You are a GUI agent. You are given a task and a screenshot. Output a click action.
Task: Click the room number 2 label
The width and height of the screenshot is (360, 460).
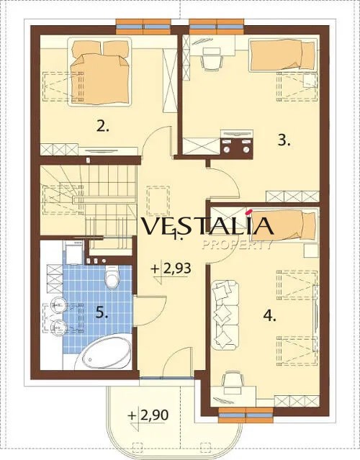tap(103, 127)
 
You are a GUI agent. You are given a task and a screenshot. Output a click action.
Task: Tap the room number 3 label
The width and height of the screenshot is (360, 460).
tap(284, 141)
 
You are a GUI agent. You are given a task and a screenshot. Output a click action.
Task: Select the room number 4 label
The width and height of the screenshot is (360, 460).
tap(269, 316)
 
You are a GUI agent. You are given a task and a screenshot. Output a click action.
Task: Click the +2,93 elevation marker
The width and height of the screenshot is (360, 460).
tap(171, 269)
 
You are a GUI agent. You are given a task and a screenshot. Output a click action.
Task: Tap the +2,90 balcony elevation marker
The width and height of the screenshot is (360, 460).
tap(148, 415)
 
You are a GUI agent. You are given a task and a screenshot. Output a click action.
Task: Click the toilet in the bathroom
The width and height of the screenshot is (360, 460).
tap(112, 277)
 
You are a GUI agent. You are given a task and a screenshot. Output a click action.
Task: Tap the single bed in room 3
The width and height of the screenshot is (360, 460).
tap(283, 55)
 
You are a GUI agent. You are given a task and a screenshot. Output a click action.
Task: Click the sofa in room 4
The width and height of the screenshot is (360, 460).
tap(225, 315)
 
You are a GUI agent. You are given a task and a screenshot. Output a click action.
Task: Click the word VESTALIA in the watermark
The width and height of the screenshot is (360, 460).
tap(208, 225)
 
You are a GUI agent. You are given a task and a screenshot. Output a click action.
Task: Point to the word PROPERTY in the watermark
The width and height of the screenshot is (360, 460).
tap(237, 244)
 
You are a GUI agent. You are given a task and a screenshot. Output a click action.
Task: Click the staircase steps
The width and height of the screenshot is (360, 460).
tap(88, 199)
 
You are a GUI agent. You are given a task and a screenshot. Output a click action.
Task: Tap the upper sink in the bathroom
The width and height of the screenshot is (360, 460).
tap(58, 305)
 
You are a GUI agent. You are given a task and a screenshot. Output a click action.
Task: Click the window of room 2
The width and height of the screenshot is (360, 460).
tap(143, 27)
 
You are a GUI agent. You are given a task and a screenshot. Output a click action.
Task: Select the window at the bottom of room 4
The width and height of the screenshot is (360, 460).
tap(246, 415)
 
